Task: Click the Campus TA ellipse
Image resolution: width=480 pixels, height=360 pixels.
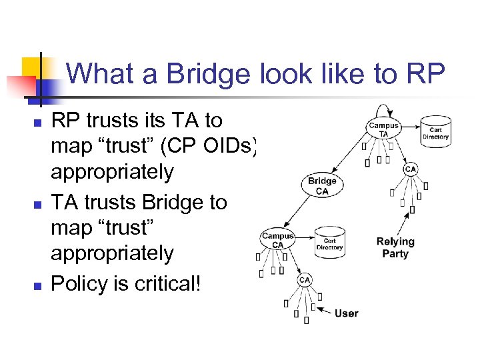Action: coord(383,129)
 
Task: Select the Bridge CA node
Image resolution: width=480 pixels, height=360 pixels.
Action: coord(322,186)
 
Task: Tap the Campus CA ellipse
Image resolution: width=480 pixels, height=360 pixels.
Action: coord(277,240)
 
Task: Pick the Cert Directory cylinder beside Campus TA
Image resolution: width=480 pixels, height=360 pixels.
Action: coord(436,132)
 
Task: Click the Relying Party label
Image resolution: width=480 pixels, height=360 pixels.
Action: coord(395,247)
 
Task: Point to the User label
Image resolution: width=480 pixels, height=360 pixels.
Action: coord(346,313)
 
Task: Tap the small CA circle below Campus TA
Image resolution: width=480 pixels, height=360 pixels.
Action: coord(410,169)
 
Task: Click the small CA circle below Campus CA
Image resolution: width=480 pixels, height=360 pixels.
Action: coord(304,280)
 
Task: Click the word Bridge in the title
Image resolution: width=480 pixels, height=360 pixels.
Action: coord(195,73)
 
